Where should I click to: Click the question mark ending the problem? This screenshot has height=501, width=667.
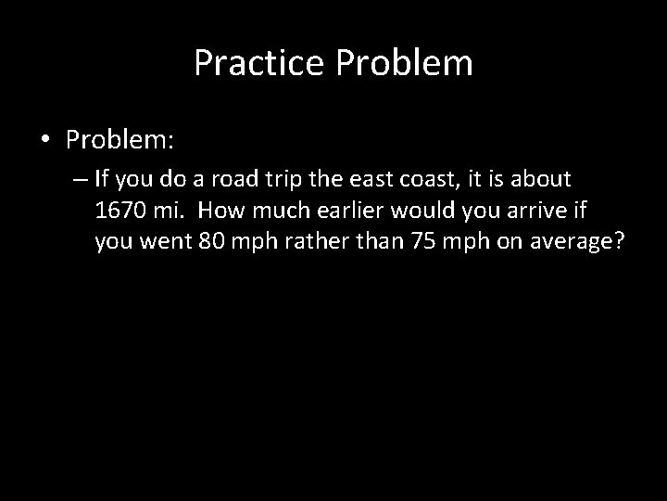[622, 242]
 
